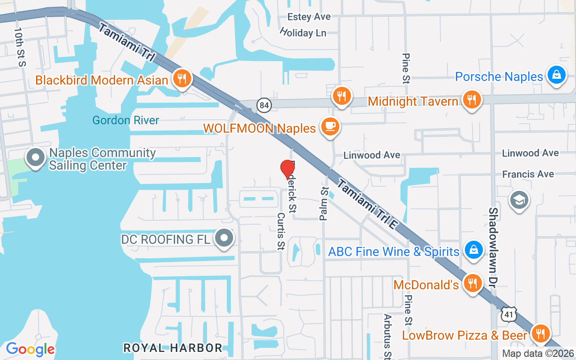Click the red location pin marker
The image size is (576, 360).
click(288, 169)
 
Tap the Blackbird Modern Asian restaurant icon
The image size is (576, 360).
click(182, 79)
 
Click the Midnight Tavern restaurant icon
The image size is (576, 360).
click(471, 100)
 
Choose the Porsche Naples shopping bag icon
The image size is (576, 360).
click(556, 75)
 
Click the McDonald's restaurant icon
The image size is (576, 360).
click(472, 283)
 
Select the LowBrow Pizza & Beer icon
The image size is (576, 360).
click(540, 334)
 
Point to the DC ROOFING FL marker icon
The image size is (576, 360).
click(224, 238)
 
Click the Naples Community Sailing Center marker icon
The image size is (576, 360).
click(36, 158)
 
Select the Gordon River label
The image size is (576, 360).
click(126, 120)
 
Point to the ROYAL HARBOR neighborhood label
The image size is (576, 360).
click(173, 348)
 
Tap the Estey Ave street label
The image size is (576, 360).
click(309, 17)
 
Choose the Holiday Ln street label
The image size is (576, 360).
click(302, 32)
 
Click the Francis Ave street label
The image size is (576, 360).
click(528, 174)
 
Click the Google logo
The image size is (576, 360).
click(30, 349)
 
